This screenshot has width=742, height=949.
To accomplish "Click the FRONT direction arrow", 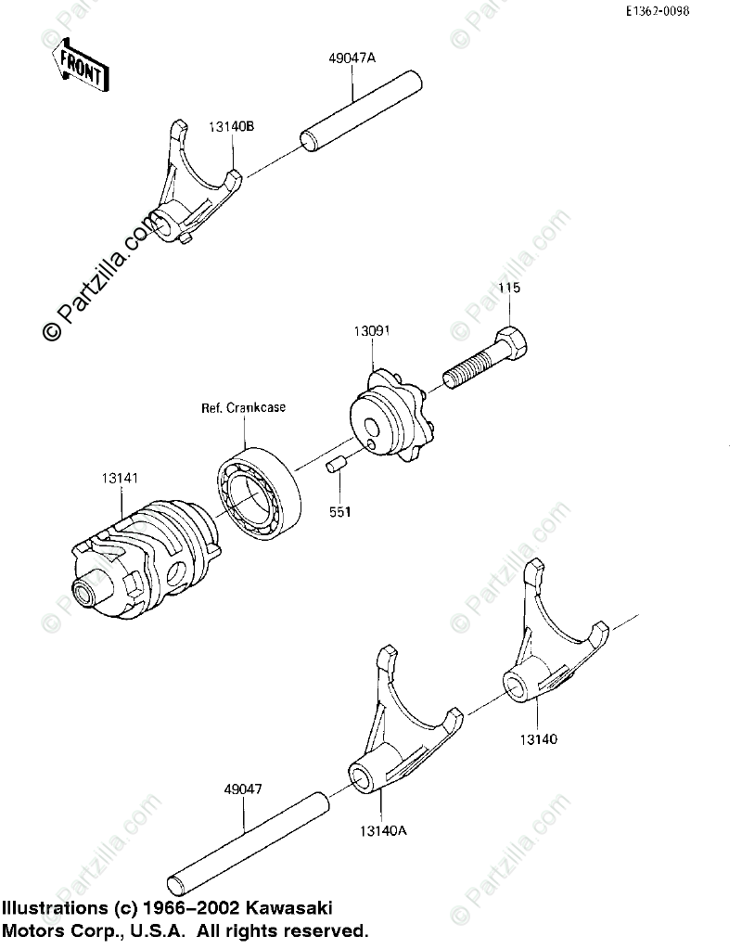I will pyautogui.click(x=79, y=65).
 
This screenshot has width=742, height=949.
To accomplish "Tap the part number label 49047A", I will pyautogui.click(x=352, y=58).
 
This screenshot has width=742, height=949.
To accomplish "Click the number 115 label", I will pyautogui.click(x=509, y=289).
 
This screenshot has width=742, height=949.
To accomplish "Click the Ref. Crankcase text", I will pyautogui.click(x=244, y=406).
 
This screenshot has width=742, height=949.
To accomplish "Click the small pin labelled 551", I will pyautogui.click(x=335, y=463).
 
